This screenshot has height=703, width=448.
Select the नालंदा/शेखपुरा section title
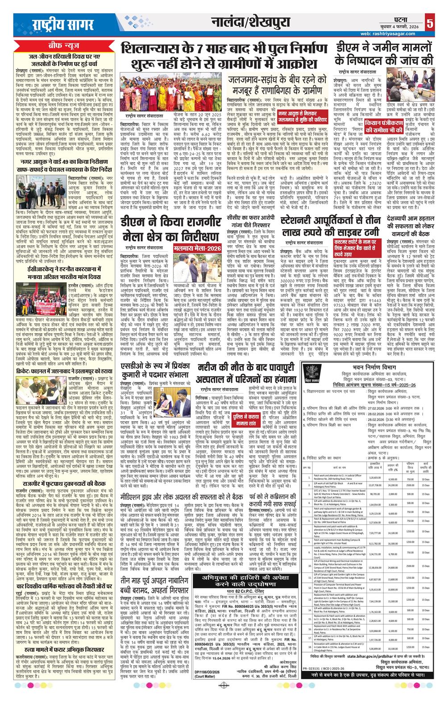tap(253, 22)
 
